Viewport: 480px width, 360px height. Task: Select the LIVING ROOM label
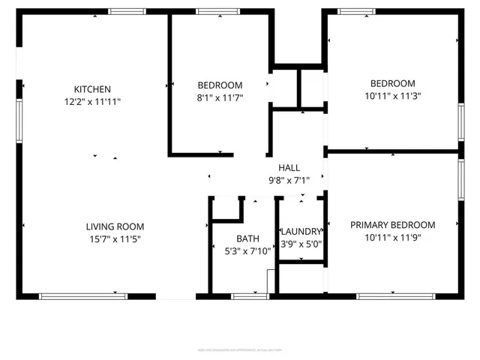pyautogui.click(x=115, y=226)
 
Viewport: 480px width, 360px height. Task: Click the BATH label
pyautogui.click(x=247, y=238)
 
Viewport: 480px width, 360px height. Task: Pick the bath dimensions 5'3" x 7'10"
pyautogui.click(x=247, y=251)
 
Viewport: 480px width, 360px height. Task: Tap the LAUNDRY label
pyautogui.click(x=301, y=232)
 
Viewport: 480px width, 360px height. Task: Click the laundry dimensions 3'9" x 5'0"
pyautogui.click(x=301, y=244)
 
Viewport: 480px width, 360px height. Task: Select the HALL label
pyautogui.click(x=289, y=167)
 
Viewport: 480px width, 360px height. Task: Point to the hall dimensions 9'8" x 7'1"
pyautogui.click(x=289, y=180)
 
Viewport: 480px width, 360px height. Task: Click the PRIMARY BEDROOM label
pyautogui.click(x=392, y=225)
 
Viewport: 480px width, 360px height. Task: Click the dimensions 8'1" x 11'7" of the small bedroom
pyautogui.click(x=220, y=97)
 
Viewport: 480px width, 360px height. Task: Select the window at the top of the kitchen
pyautogui.click(x=127, y=12)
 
